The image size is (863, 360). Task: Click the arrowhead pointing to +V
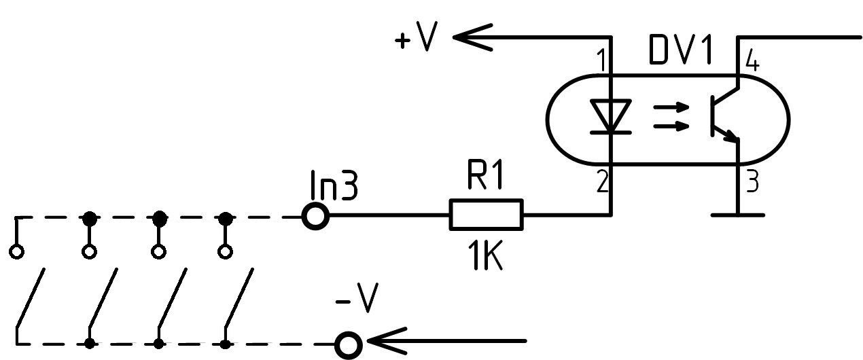[472, 37]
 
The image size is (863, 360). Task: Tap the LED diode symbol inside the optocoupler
[611, 116]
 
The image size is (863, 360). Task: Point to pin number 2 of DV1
[602, 182]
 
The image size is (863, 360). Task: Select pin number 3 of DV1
[752, 183]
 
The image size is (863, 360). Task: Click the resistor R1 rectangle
[486, 214]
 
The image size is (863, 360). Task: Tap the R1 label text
[485, 177]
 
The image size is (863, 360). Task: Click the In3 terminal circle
[316, 217]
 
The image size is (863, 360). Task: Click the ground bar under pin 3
[738, 215]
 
